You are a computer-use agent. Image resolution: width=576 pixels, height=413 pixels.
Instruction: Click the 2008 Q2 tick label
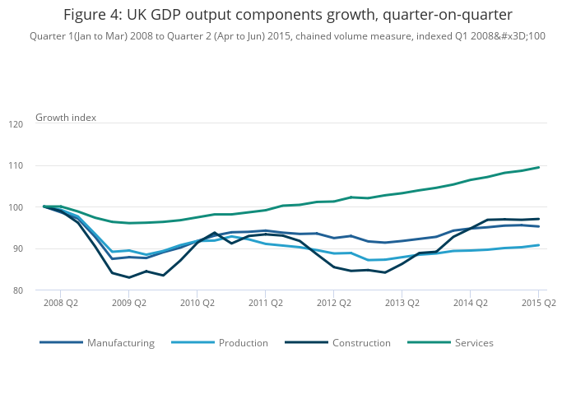click(x=60, y=303)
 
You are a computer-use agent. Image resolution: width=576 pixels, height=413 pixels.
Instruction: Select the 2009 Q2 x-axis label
click(x=129, y=303)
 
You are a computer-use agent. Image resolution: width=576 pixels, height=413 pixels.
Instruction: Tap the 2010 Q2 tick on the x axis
click(x=197, y=303)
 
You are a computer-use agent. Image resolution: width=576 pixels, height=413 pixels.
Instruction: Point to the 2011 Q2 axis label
click(x=265, y=303)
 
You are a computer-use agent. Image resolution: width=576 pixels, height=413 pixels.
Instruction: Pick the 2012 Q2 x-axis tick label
click(x=333, y=303)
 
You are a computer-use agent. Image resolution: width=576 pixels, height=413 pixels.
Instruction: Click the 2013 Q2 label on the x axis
click(x=402, y=303)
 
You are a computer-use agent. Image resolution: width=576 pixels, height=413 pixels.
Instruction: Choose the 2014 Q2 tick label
click(x=470, y=303)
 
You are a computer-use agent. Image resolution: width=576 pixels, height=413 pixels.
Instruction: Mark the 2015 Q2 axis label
click(x=538, y=303)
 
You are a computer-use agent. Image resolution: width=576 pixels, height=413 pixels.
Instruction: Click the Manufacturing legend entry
click(x=120, y=342)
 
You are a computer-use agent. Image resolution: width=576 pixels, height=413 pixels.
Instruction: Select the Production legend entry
click(x=243, y=342)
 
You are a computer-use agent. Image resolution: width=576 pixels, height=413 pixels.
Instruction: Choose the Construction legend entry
click(x=361, y=342)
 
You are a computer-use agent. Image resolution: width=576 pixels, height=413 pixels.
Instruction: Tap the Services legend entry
click(x=474, y=342)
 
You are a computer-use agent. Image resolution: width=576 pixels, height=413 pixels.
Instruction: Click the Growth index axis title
click(x=66, y=118)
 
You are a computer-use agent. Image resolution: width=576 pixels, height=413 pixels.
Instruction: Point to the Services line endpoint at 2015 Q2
click(x=539, y=167)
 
